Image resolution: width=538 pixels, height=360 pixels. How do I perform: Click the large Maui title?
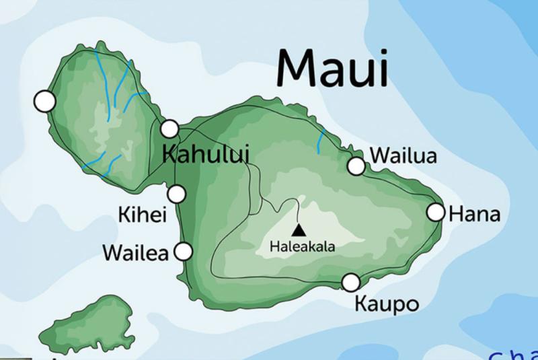click(332, 67)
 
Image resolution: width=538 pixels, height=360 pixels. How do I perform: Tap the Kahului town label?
click(206, 153)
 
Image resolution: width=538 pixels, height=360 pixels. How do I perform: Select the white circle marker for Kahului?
click(169, 129)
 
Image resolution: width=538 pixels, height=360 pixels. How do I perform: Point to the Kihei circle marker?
click(177, 194)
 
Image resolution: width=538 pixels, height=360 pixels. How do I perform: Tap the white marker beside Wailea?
click(183, 252)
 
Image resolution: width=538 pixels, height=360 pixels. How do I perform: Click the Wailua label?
click(403, 156)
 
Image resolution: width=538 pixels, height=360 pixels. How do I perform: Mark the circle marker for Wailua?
click(356, 166)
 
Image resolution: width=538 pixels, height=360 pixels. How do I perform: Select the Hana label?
click(475, 215)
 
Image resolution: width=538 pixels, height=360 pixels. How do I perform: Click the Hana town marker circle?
click(436, 213)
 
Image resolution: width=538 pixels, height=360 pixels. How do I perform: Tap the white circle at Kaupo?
click(350, 283)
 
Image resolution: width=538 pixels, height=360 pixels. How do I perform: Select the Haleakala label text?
click(302, 247)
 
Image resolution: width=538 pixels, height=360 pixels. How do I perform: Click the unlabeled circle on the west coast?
click(44, 102)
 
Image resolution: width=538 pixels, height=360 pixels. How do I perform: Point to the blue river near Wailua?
click(322, 140)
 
